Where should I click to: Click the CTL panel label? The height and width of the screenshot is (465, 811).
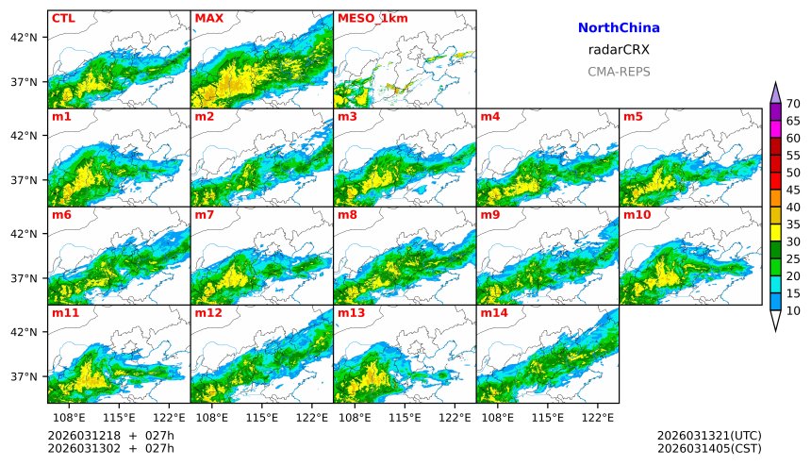coord(63,18)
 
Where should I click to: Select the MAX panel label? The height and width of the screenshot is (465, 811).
coord(208,18)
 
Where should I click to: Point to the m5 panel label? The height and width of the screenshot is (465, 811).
coord(632,117)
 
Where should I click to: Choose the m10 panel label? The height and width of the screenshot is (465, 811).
coord(636,215)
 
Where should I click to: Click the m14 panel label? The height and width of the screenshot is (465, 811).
coord(493,313)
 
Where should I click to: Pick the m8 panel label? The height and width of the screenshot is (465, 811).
coord(347,215)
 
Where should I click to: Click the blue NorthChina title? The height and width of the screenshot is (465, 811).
coord(619,28)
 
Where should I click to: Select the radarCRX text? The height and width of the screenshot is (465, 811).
coord(619,50)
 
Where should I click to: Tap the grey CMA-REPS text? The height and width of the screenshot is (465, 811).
coord(619,72)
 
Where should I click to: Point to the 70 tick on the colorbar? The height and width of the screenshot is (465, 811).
coord(793,104)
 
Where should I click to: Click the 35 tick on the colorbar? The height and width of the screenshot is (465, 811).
coord(793,224)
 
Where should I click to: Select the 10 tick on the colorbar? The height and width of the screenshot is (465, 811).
coord(793,310)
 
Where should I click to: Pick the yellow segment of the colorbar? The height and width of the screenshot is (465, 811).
coord(775,232)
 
